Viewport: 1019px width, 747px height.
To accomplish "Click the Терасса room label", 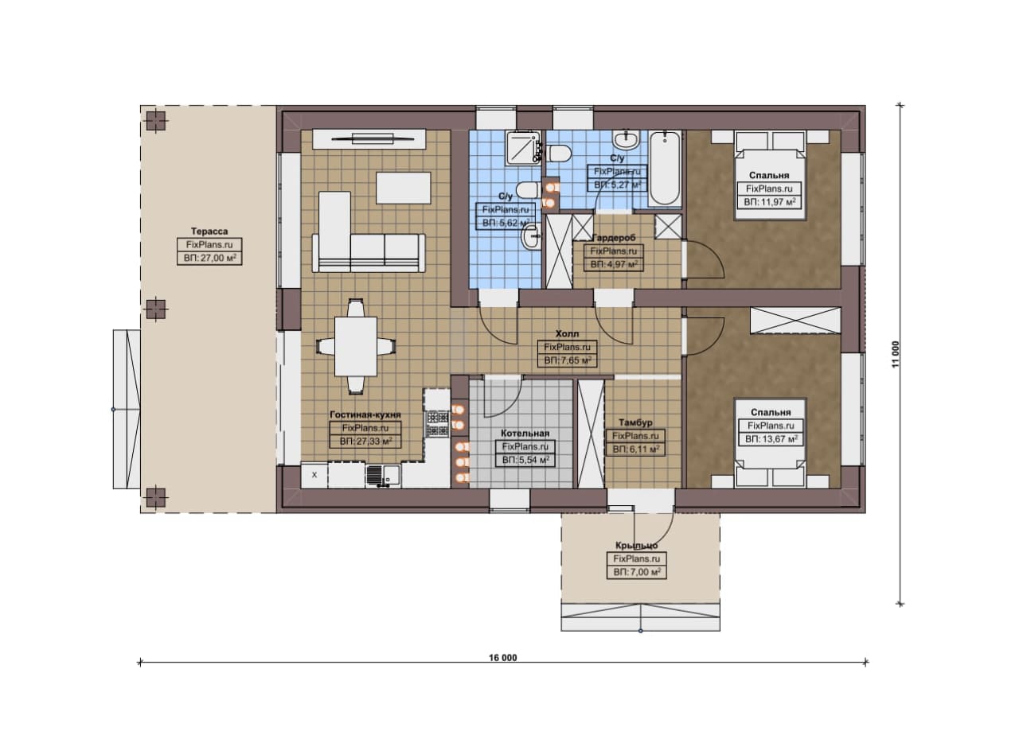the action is click(x=209, y=231).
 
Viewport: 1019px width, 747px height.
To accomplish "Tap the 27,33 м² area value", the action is click(x=365, y=441).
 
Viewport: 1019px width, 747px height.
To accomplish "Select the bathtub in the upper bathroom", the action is click(x=665, y=169).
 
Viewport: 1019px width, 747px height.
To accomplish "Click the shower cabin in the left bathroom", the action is click(x=522, y=147).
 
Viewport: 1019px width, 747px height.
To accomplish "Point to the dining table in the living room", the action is click(x=356, y=346).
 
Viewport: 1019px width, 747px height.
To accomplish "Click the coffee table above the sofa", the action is click(x=404, y=187).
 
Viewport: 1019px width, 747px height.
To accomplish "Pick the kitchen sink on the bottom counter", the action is click(x=383, y=476).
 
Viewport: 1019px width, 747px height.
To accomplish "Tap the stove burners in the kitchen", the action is click(x=438, y=423).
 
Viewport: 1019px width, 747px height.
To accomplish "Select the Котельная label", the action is click(x=525, y=434).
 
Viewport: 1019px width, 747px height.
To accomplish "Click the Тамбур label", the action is click(x=635, y=423).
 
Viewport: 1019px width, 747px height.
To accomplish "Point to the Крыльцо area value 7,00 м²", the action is click(x=637, y=572).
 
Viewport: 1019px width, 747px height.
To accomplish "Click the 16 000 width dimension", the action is click(x=503, y=658).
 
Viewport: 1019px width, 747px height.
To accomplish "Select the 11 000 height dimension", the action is click(x=896, y=354).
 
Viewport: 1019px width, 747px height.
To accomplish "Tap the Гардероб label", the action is click(x=614, y=238).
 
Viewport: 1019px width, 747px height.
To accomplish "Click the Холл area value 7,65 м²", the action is click(x=568, y=360).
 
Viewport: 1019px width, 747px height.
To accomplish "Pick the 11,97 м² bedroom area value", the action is click(x=770, y=202).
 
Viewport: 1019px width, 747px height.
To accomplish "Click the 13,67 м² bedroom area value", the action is click(x=771, y=439).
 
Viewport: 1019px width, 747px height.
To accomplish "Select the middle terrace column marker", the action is click(x=155, y=309).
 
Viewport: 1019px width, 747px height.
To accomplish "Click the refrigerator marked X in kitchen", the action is click(x=314, y=476).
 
